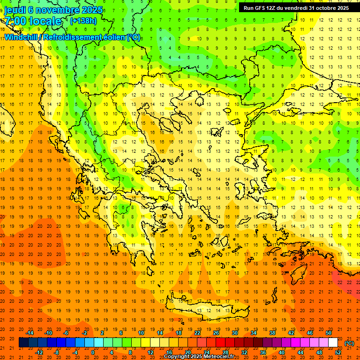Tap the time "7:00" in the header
[15, 21]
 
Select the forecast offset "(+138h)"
[83, 21]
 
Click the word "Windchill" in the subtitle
[22, 37]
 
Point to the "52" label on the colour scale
[338, 352]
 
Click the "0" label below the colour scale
[93, 352]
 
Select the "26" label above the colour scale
[216, 333]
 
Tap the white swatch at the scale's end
[333, 343]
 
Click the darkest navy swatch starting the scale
[23, 343]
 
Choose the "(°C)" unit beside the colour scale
[349, 343]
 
